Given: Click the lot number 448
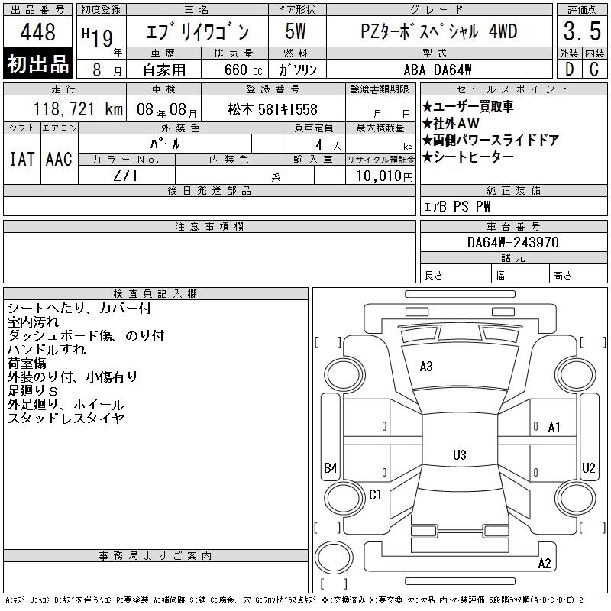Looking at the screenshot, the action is coord(37,31).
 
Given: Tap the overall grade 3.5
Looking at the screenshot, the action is coord(582,31).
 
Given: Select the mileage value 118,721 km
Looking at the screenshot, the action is coord(79,109).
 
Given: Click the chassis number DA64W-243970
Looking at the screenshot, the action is coord(512,242).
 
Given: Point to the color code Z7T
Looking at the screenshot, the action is coord(126,176).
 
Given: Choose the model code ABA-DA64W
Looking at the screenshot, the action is coord(438,70).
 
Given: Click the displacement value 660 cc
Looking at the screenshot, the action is coord(243,70).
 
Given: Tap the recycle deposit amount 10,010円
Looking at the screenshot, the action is coord(384,176).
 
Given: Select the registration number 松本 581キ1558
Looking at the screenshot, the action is coord(273,109).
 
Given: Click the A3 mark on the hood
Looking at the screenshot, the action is coord(426,367).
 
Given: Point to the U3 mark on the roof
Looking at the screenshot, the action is coord(460,454).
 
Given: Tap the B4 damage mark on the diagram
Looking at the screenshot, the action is coord(331,467).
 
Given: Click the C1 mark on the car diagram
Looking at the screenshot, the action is coord(375,494).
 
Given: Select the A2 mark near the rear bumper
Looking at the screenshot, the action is coord(545,564).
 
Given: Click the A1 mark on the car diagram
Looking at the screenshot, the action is coord(554,428).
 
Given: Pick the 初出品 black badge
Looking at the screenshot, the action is coord(37,63).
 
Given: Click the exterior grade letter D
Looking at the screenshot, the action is coord(569,70).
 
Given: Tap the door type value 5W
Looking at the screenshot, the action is coord(296,31).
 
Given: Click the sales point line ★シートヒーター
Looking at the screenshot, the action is coord(468,157).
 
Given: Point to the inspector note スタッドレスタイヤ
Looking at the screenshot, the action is coord(66,419).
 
